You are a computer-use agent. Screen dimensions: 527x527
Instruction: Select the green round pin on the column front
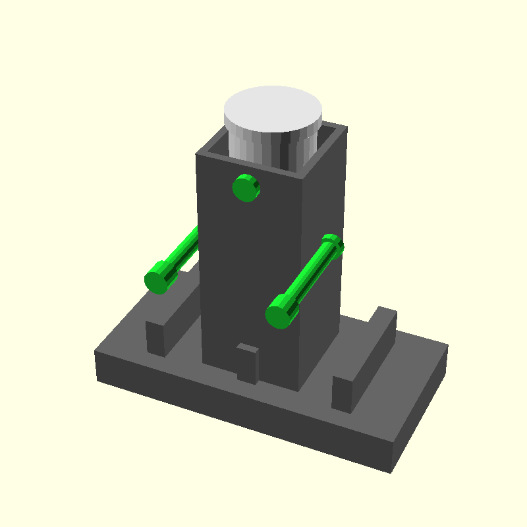tap(246, 189)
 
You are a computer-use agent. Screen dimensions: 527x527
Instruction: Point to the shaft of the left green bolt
tap(180, 253)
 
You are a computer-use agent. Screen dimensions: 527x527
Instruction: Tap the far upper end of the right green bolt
tap(333, 242)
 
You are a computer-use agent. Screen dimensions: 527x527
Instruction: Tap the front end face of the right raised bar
tap(341, 394)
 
